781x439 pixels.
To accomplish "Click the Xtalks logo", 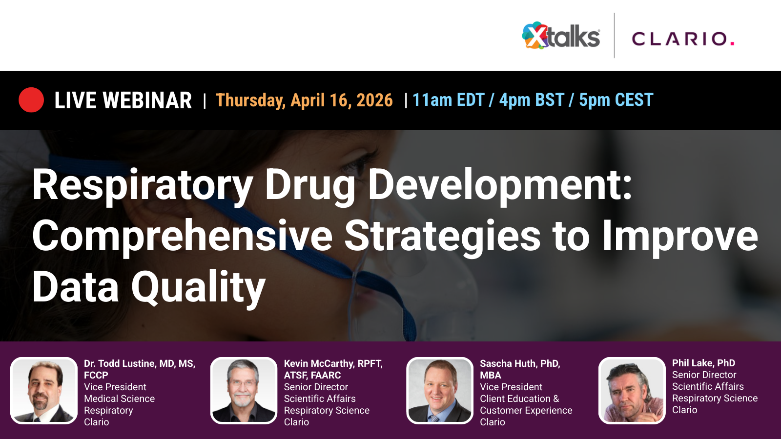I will tap(561, 36).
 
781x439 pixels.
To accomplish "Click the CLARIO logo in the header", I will tap(683, 39).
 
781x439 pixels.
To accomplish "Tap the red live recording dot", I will tap(31, 100).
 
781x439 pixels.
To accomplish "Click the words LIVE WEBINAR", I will tap(123, 100).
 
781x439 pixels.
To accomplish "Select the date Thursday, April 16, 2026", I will tap(304, 100).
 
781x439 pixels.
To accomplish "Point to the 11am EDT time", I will tap(448, 100).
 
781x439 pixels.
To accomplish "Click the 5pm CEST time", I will tap(616, 100).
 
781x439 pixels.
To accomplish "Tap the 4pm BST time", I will tap(532, 100).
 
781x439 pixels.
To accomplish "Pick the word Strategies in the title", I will tap(442, 237).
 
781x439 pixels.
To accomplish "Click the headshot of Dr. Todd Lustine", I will tap(44, 391).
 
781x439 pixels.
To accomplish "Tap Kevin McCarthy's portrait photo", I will tap(244, 391).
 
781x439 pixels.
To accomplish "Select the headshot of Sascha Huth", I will tap(440, 391).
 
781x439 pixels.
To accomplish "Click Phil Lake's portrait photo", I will tap(632, 391).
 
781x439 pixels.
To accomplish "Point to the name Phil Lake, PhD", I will tap(703, 363).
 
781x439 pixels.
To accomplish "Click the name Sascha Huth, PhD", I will tap(520, 363).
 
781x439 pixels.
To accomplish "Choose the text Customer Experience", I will tap(526, 410).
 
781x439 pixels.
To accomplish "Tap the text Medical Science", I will tap(119, 399).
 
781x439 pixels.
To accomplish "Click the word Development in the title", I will tap(500, 185).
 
